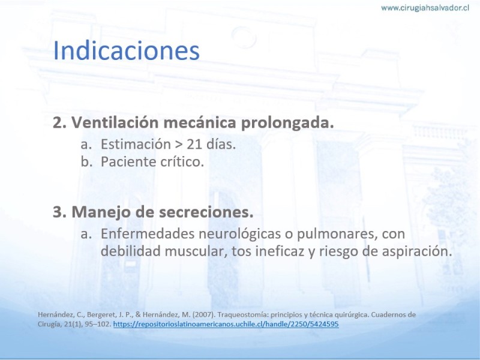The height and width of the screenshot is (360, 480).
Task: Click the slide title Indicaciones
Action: pyautogui.click(x=127, y=50)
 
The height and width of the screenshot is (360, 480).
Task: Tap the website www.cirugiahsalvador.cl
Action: pyautogui.click(x=425, y=8)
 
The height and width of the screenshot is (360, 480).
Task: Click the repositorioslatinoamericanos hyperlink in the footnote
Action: pyautogui.click(x=226, y=324)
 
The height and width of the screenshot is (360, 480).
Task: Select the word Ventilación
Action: pyautogui.click(x=115, y=122)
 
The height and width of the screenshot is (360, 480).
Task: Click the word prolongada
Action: pyautogui.click(x=287, y=124)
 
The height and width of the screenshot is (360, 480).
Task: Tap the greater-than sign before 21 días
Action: pyautogui.click(x=178, y=145)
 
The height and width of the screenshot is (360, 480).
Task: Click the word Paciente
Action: pyautogui.click(x=124, y=161)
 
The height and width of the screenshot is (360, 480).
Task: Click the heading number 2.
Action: pyautogui.click(x=59, y=123)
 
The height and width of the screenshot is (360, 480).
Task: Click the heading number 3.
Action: pyautogui.click(x=59, y=212)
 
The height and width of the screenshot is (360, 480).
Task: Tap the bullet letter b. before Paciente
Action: pyautogui.click(x=86, y=161)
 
